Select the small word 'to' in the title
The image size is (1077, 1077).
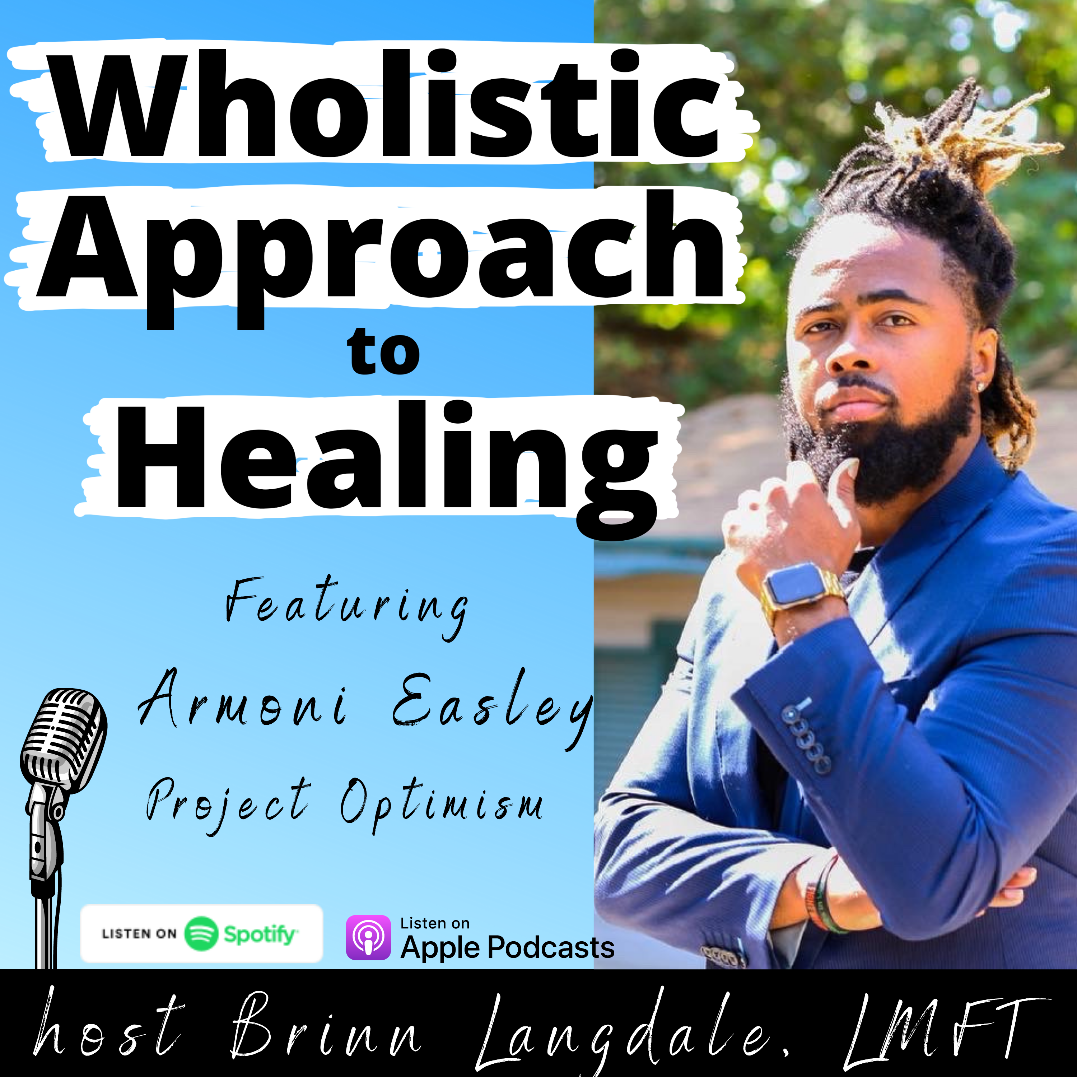tap(383, 352)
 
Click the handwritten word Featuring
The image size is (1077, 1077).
tap(347, 608)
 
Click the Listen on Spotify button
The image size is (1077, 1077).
tap(202, 934)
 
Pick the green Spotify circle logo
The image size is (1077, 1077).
tap(201, 934)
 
